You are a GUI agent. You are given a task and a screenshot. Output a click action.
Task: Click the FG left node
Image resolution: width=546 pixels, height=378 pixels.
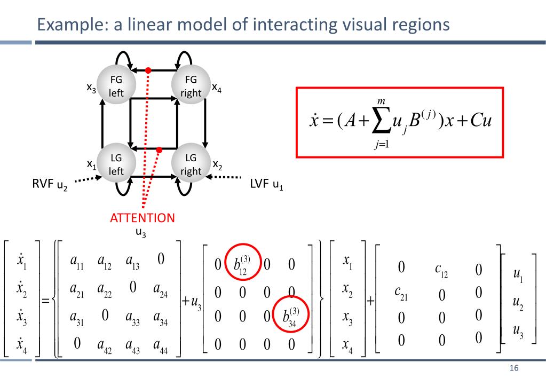pos(116,85)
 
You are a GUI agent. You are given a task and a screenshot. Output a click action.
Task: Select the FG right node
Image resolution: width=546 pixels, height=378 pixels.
pos(191,85)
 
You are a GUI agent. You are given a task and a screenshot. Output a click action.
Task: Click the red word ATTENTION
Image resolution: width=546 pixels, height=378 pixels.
pos(142,218)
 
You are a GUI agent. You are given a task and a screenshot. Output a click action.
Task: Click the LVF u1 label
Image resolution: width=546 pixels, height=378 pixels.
pos(266,185)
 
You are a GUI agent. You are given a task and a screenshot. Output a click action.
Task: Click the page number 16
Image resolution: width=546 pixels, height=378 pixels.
pos(515,369)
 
